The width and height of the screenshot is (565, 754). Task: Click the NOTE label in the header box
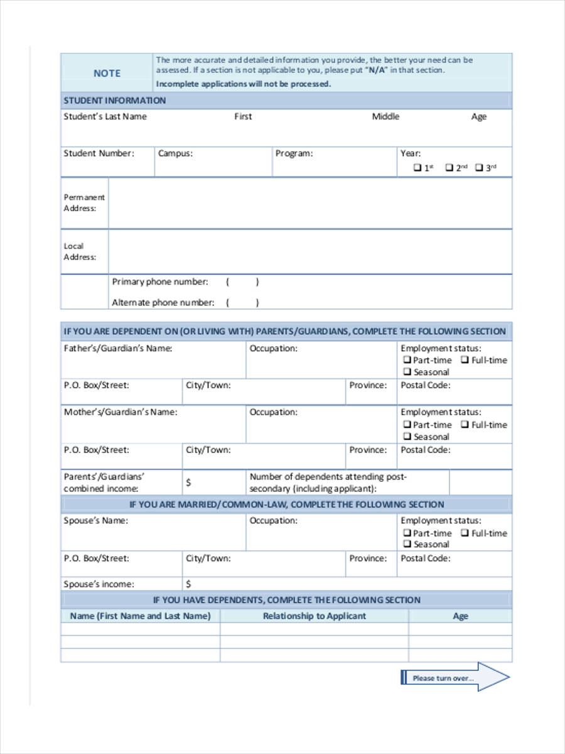coord(107,74)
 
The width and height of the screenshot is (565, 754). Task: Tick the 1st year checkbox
coord(417,168)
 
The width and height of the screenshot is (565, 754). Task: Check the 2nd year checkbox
coord(449,168)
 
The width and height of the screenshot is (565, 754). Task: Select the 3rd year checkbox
coord(479,168)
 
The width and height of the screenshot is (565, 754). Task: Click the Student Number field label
coord(99,153)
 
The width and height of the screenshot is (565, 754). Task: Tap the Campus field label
coord(175,153)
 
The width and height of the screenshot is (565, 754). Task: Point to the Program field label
coord(294,153)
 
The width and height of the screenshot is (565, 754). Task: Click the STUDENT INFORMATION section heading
coord(115,101)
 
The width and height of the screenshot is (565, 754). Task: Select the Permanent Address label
coord(84,202)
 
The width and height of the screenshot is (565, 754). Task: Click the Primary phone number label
coord(160,282)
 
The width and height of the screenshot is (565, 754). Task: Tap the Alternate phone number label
coord(163,303)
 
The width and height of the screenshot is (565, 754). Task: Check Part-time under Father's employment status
coord(407,360)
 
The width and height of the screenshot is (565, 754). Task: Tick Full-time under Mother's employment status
coord(465,425)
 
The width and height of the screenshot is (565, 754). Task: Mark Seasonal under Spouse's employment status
coord(407,544)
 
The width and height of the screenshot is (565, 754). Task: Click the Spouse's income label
coord(99,584)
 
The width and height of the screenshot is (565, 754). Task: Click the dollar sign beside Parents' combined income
coord(188,483)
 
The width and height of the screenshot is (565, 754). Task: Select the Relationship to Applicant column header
coord(314,616)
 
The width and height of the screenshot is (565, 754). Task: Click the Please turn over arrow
coord(455,678)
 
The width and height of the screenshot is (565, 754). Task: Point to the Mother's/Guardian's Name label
coord(121,412)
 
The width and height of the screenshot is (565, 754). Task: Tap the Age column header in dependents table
coord(460,616)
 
